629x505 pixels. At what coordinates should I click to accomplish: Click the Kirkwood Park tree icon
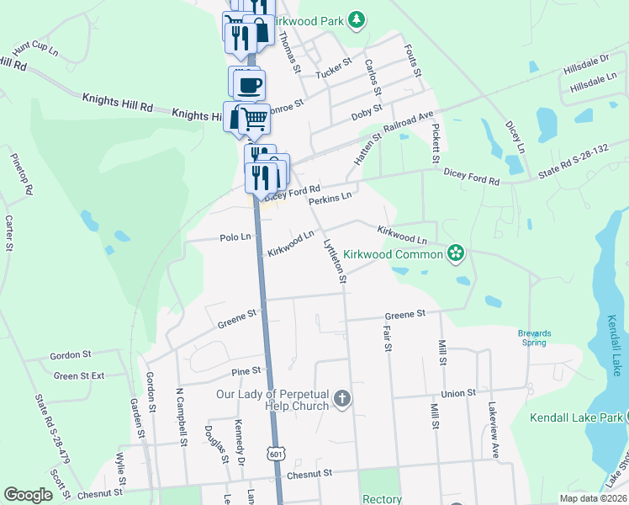[357, 19]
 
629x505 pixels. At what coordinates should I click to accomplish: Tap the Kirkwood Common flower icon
[456, 252]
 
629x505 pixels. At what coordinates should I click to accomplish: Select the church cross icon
[341, 400]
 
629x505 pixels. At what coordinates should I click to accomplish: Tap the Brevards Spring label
[534, 337]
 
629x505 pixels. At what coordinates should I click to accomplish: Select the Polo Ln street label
[235, 237]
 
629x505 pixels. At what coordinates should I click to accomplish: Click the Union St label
[458, 393]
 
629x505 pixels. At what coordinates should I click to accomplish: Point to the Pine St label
[246, 370]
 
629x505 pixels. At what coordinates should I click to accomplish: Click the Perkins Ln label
[329, 199]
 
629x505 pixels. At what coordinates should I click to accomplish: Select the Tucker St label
[331, 73]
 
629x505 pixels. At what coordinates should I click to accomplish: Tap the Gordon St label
[70, 355]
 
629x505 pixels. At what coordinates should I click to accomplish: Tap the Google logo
[28, 494]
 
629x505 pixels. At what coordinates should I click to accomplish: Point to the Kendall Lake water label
[616, 345]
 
